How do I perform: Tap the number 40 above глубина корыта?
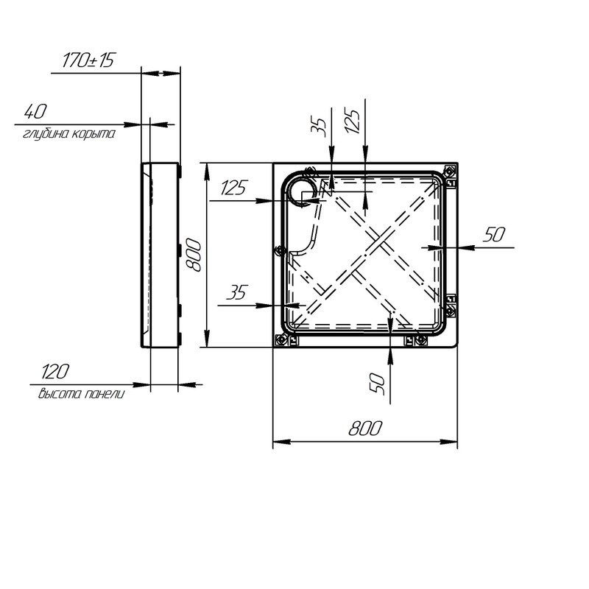click(35, 112)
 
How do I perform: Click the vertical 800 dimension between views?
click(193, 255)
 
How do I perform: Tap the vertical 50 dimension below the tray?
click(378, 382)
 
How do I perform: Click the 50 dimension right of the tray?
click(494, 235)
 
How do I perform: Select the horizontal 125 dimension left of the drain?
click(233, 188)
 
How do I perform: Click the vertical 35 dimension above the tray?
click(319, 124)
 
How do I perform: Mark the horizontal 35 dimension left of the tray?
click(236, 293)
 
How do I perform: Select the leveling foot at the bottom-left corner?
click(281, 340)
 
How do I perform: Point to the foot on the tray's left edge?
click(278, 251)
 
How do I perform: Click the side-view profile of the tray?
click(159, 254)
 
